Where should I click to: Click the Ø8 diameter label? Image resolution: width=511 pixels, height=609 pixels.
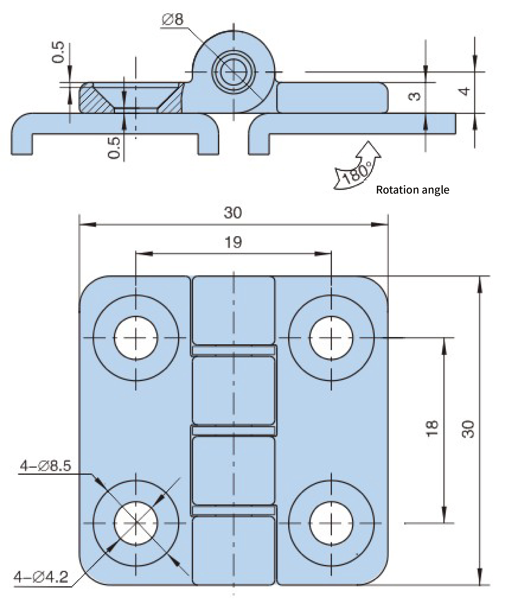tap(173, 20)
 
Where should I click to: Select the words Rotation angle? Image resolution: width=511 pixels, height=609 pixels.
tap(412, 190)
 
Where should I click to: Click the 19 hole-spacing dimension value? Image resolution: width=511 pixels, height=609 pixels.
tap(233, 242)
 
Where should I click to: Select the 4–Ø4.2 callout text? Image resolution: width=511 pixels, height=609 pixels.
tap(41, 577)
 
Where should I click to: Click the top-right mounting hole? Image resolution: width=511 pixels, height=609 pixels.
tap(331, 338)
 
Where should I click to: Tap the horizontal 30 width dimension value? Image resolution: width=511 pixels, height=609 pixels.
tap(233, 213)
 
